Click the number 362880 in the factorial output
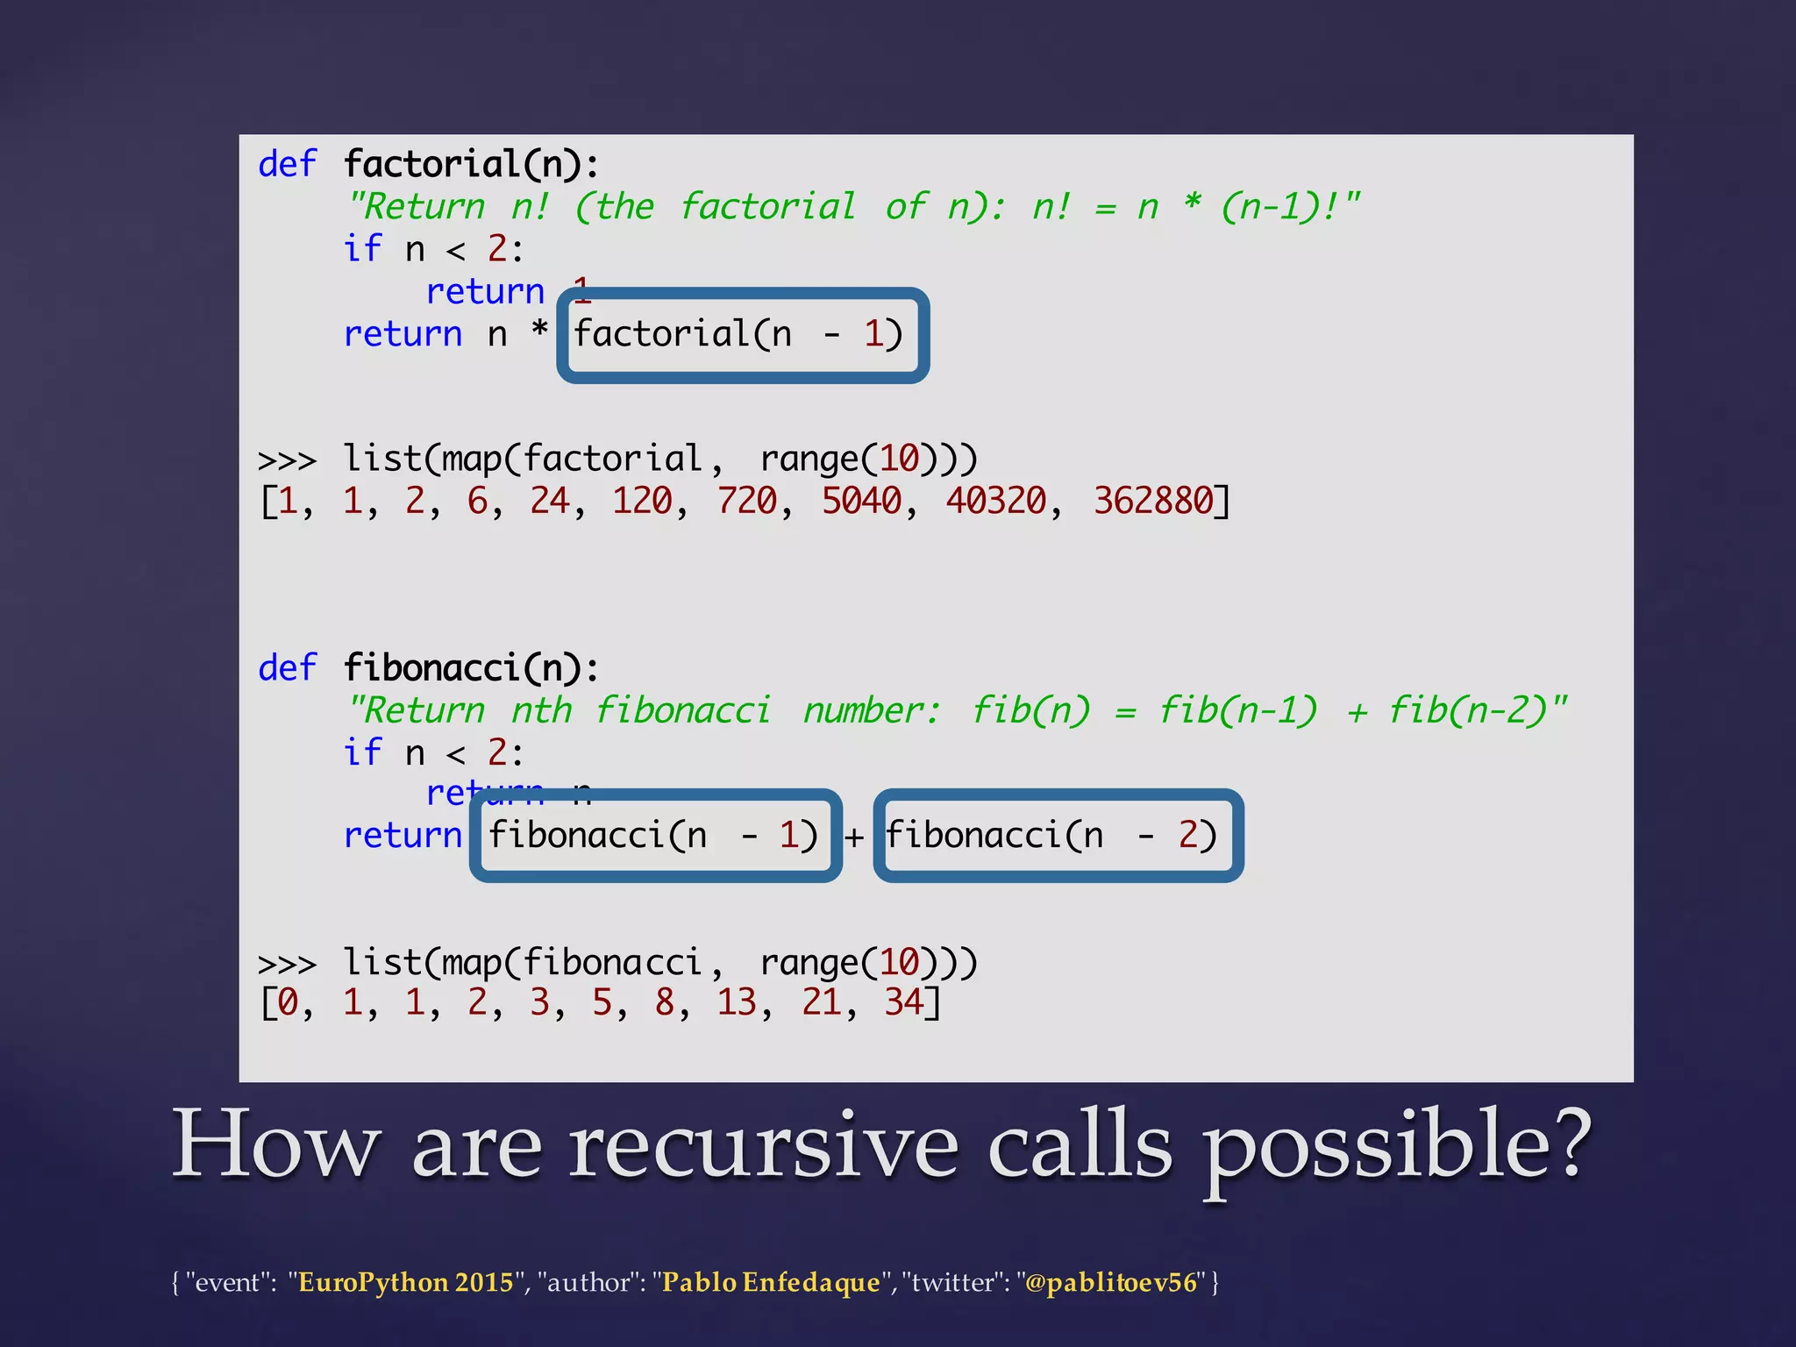[x=1153, y=502]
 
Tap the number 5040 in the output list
[x=861, y=502]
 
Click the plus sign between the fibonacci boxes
[x=854, y=837]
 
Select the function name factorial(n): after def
[x=471, y=164]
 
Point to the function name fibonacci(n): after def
[x=471, y=668]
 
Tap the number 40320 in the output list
[x=995, y=502]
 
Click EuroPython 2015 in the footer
[x=405, y=1282]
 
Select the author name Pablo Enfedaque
[x=770, y=1282]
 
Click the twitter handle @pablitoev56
[x=1110, y=1282]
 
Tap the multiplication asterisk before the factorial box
[x=539, y=331]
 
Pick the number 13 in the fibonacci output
[x=737, y=1002]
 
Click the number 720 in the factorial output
[x=746, y=502]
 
